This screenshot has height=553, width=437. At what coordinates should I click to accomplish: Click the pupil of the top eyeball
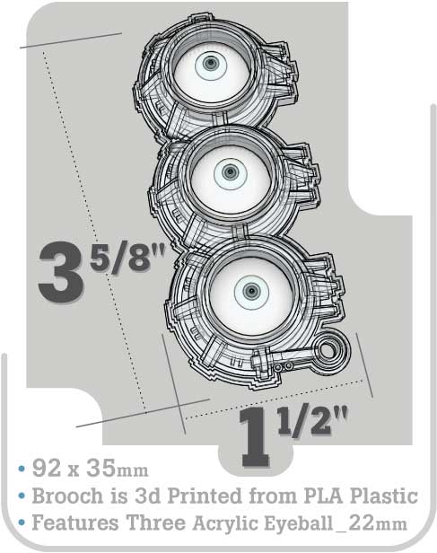click(211, 64)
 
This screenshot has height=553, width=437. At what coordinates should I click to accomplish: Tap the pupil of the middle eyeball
click(231, 172)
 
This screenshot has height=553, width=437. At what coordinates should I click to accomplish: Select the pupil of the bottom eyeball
click(251, 291)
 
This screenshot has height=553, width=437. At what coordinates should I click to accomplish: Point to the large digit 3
click(61, 272)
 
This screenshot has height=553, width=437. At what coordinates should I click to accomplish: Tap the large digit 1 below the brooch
click(255, 438)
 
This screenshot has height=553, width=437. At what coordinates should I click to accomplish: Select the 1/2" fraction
click(311, 421)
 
